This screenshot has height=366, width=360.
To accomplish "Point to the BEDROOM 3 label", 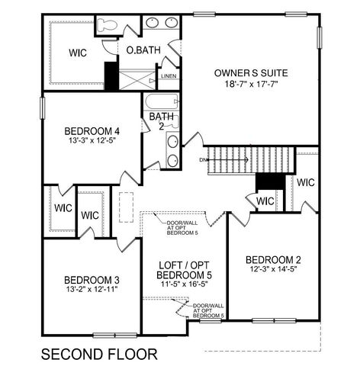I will [90, 278].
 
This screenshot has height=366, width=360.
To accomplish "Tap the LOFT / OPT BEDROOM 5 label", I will [184, 269].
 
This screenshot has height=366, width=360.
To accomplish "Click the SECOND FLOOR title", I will [99, 354].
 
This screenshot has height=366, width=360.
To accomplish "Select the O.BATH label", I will [143, 50].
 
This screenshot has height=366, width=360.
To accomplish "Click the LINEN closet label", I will [169, 76].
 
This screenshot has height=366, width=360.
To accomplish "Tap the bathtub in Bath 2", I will [160, 102].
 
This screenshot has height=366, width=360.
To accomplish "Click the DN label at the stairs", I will [203, 159].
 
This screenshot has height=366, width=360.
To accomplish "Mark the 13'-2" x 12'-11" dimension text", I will [90, 290].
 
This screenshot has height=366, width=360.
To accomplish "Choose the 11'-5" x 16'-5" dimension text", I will [184, 284].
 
